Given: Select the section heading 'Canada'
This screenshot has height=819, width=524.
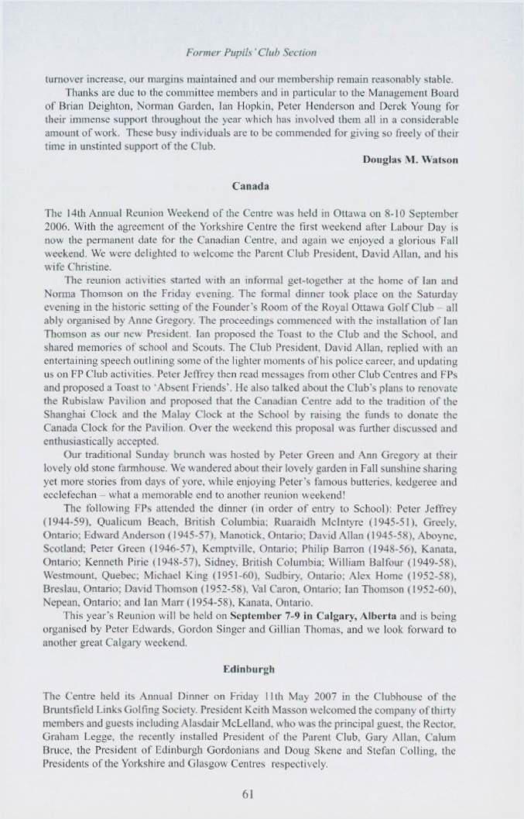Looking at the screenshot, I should (262, 186).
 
